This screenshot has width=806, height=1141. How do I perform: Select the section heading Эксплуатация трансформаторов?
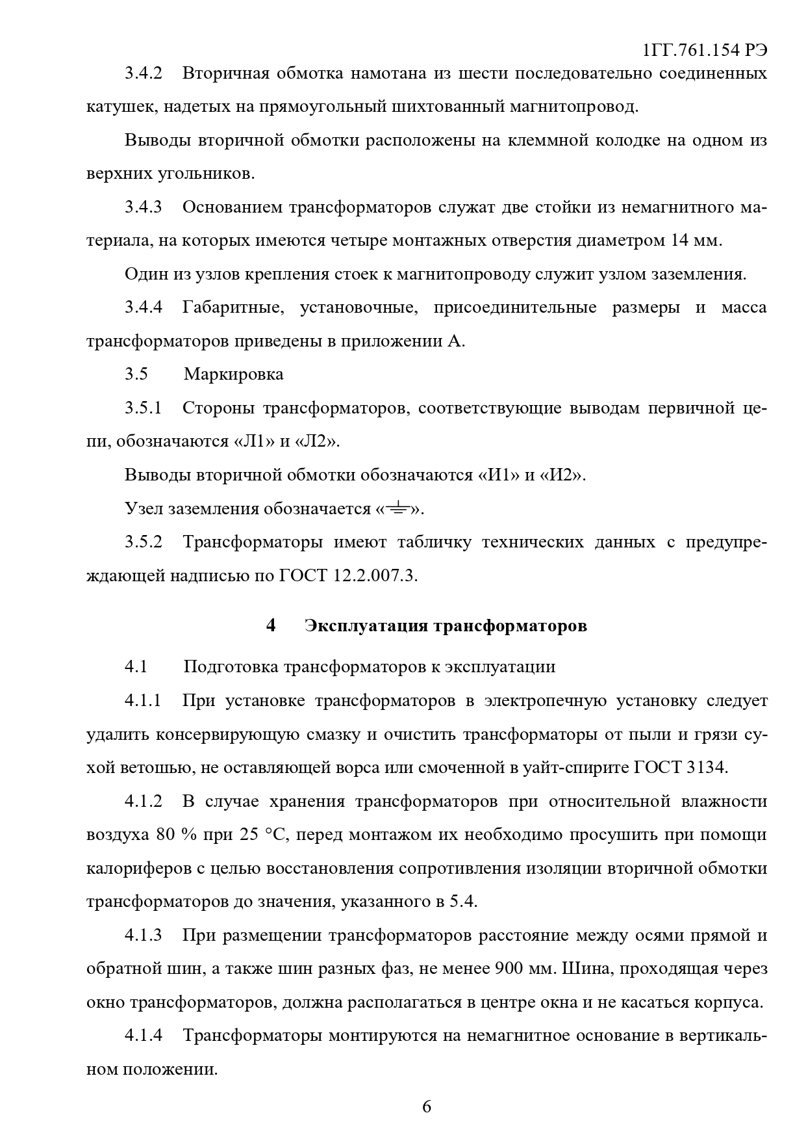tap(446, 625)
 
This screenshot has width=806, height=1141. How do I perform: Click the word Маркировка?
tap(233, 374)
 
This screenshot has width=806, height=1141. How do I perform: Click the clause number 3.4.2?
tap(143, 73)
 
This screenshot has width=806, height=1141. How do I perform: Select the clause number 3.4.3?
tap(143, 207)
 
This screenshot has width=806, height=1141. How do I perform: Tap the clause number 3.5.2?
tap(143, 542)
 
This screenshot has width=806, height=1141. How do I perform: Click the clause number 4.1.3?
tap(143, 936)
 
